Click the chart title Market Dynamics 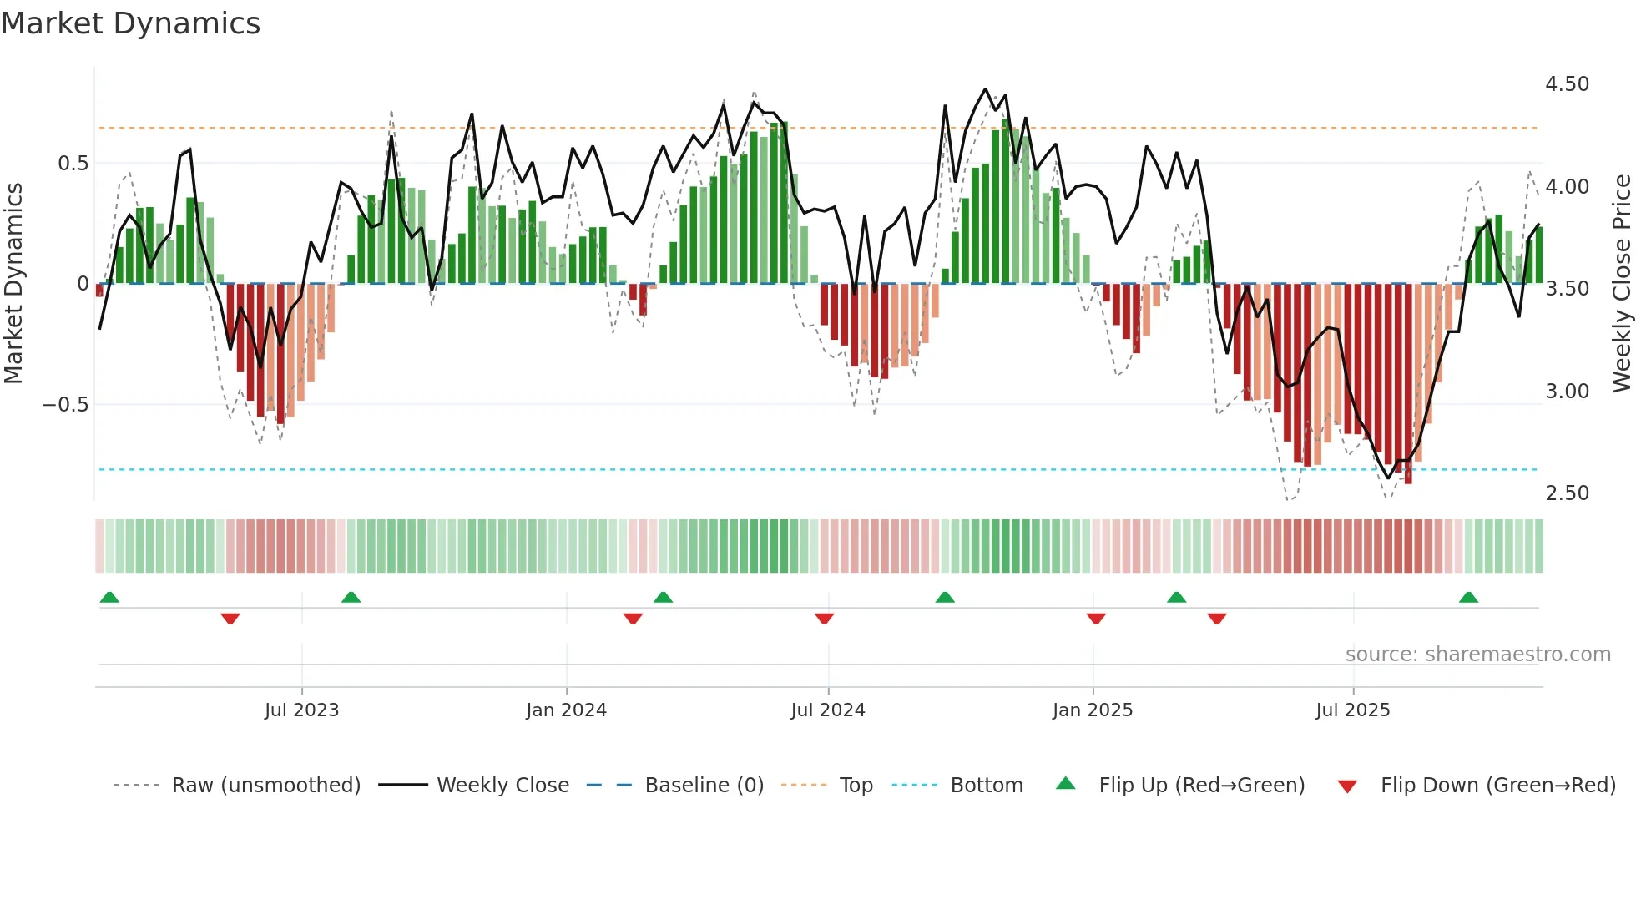130,23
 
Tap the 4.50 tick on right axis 1567,84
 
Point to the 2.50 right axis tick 1567,493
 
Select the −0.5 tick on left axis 65,405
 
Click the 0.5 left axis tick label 73,164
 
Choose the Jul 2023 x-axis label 301,710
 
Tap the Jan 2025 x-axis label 1092,710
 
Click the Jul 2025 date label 1352,710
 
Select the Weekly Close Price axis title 1621,284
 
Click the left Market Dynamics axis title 13,284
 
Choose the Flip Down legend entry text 1497,786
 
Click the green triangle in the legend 1066,784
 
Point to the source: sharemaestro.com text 1477,655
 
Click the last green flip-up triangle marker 1468,598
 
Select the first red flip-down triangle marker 230,618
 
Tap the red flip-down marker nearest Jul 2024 824,618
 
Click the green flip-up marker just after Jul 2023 351,598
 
